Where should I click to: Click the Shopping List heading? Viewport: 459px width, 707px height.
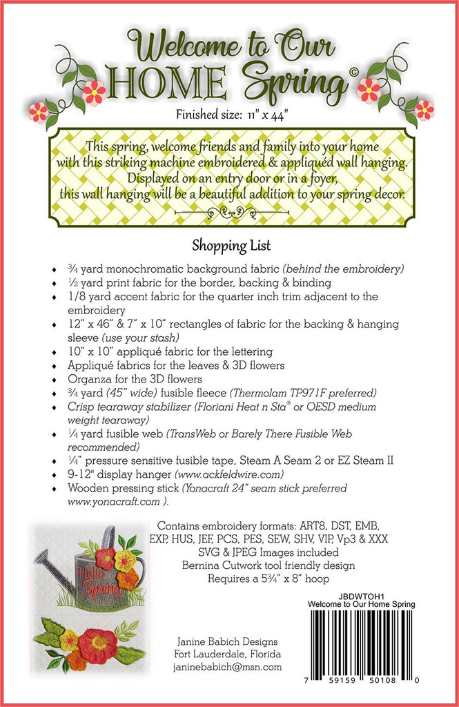pyautogui.click(x=231, y=245)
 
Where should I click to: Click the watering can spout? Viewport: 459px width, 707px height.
pyautogui.click(x=48, y=559)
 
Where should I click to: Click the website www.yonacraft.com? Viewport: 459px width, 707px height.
pyautogui.click(x=100, y=502)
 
